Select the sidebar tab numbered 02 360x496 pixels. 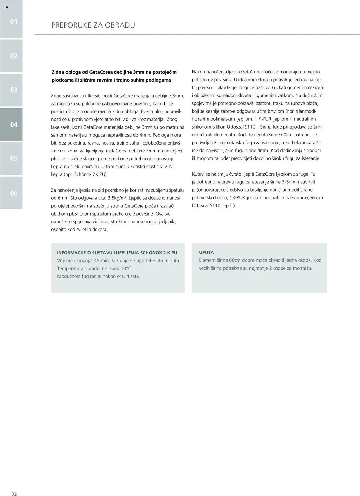tap(11, 56)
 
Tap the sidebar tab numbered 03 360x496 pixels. tap(11, 90)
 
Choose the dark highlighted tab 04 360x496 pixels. tap(11, 124)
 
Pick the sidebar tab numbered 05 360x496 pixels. tap(11, 158)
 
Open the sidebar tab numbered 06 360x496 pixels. tap(11, 193)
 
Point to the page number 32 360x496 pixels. tap(14, 492)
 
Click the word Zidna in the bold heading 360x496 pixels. tap(58, 72)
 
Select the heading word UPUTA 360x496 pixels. tap(206, 252)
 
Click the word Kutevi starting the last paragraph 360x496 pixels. tap(199, 174)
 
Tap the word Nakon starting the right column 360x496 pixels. tap(199, 72)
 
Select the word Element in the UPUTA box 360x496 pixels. tap(207, 260)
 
